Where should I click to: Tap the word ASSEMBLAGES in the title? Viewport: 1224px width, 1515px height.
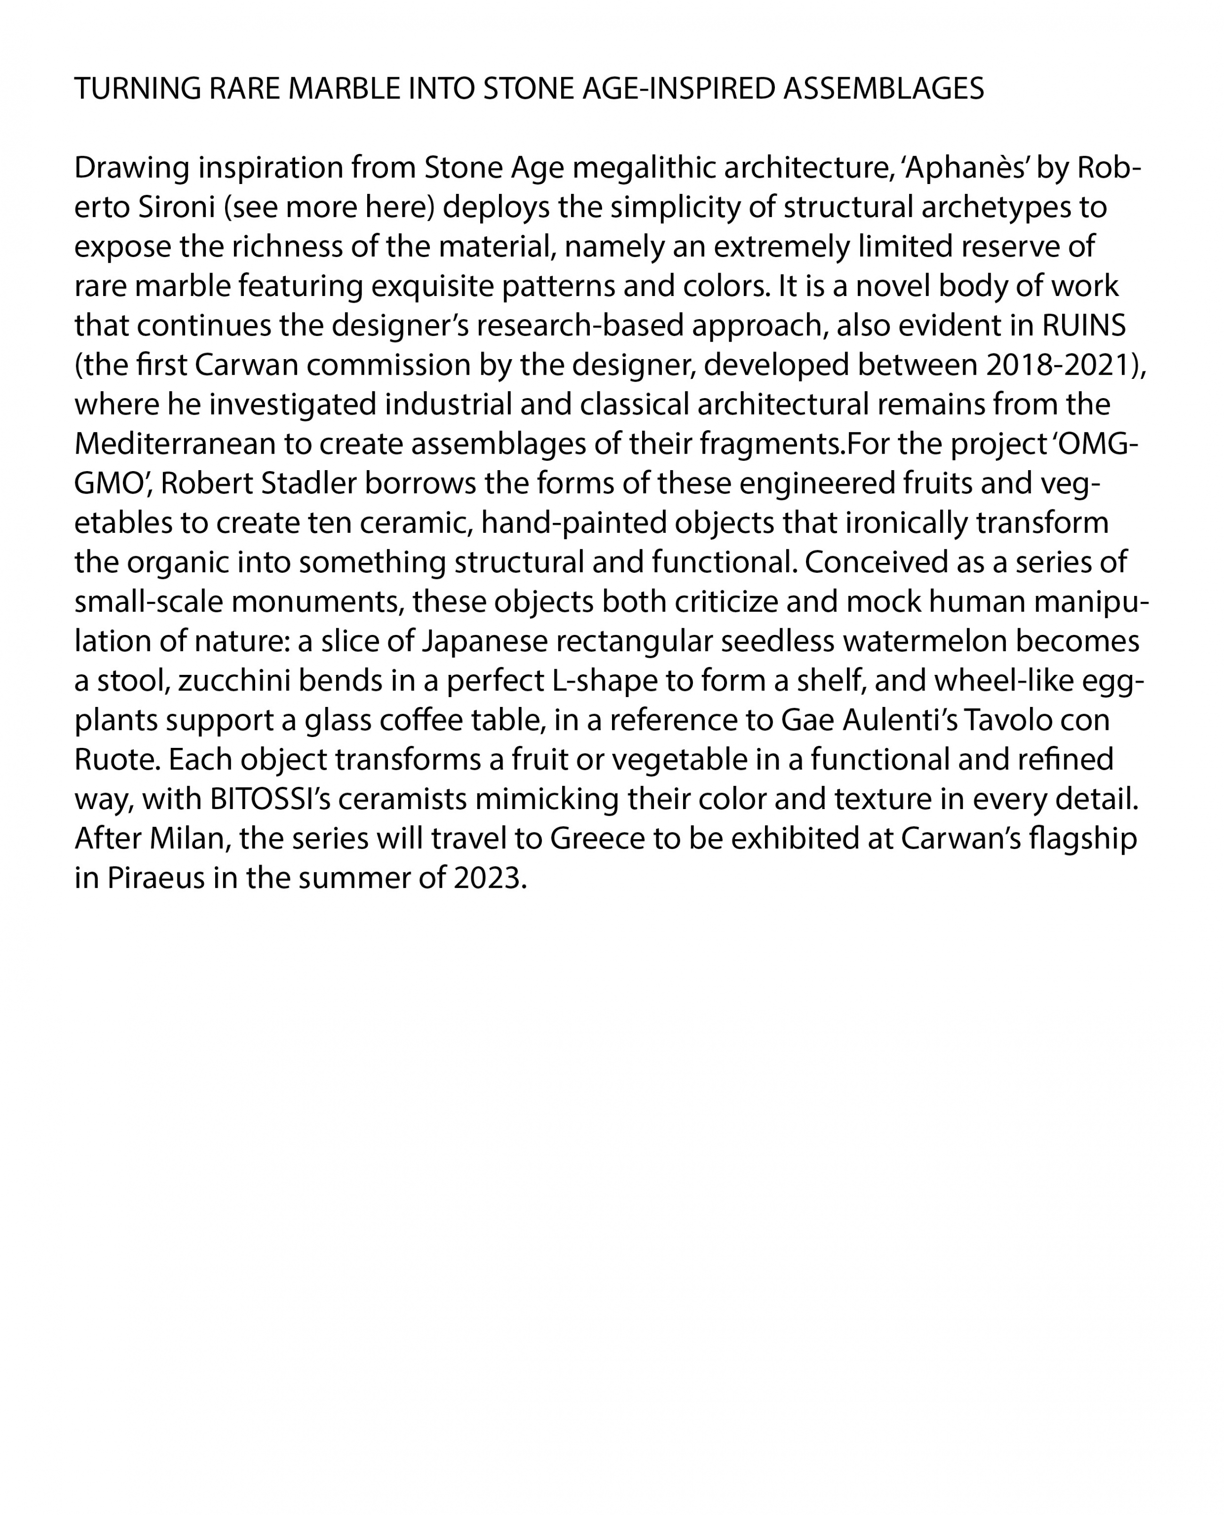[884, 89]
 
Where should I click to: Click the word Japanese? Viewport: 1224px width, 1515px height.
[485, 641]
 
